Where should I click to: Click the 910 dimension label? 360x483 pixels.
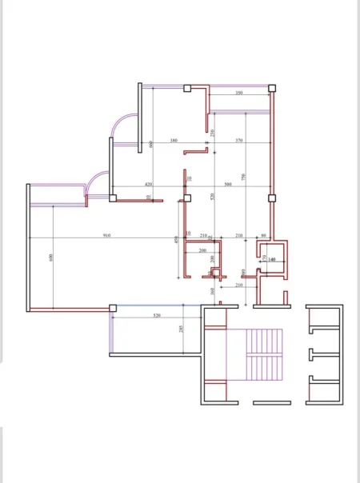point(107,235)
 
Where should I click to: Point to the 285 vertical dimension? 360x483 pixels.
point(182,329)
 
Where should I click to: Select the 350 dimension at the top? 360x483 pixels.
point(239,94)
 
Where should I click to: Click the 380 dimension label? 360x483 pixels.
point(174,141)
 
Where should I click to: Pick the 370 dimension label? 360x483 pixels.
point(238,141)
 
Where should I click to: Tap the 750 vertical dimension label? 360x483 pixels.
point(243,177)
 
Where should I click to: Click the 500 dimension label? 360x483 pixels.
point(228,184)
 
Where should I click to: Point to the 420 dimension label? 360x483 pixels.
point(148,184)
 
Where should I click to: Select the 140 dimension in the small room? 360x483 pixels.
point(271,260)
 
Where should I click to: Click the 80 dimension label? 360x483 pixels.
point(264,235)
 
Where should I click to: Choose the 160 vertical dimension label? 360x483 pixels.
point(212,291)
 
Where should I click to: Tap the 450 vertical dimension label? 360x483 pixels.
point(176,239)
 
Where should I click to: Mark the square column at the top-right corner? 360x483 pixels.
point(272,87)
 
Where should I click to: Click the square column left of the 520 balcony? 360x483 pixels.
point(113,308)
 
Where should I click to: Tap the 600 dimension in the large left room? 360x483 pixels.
point(51,257)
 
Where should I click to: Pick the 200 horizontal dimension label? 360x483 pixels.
point(202,250)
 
